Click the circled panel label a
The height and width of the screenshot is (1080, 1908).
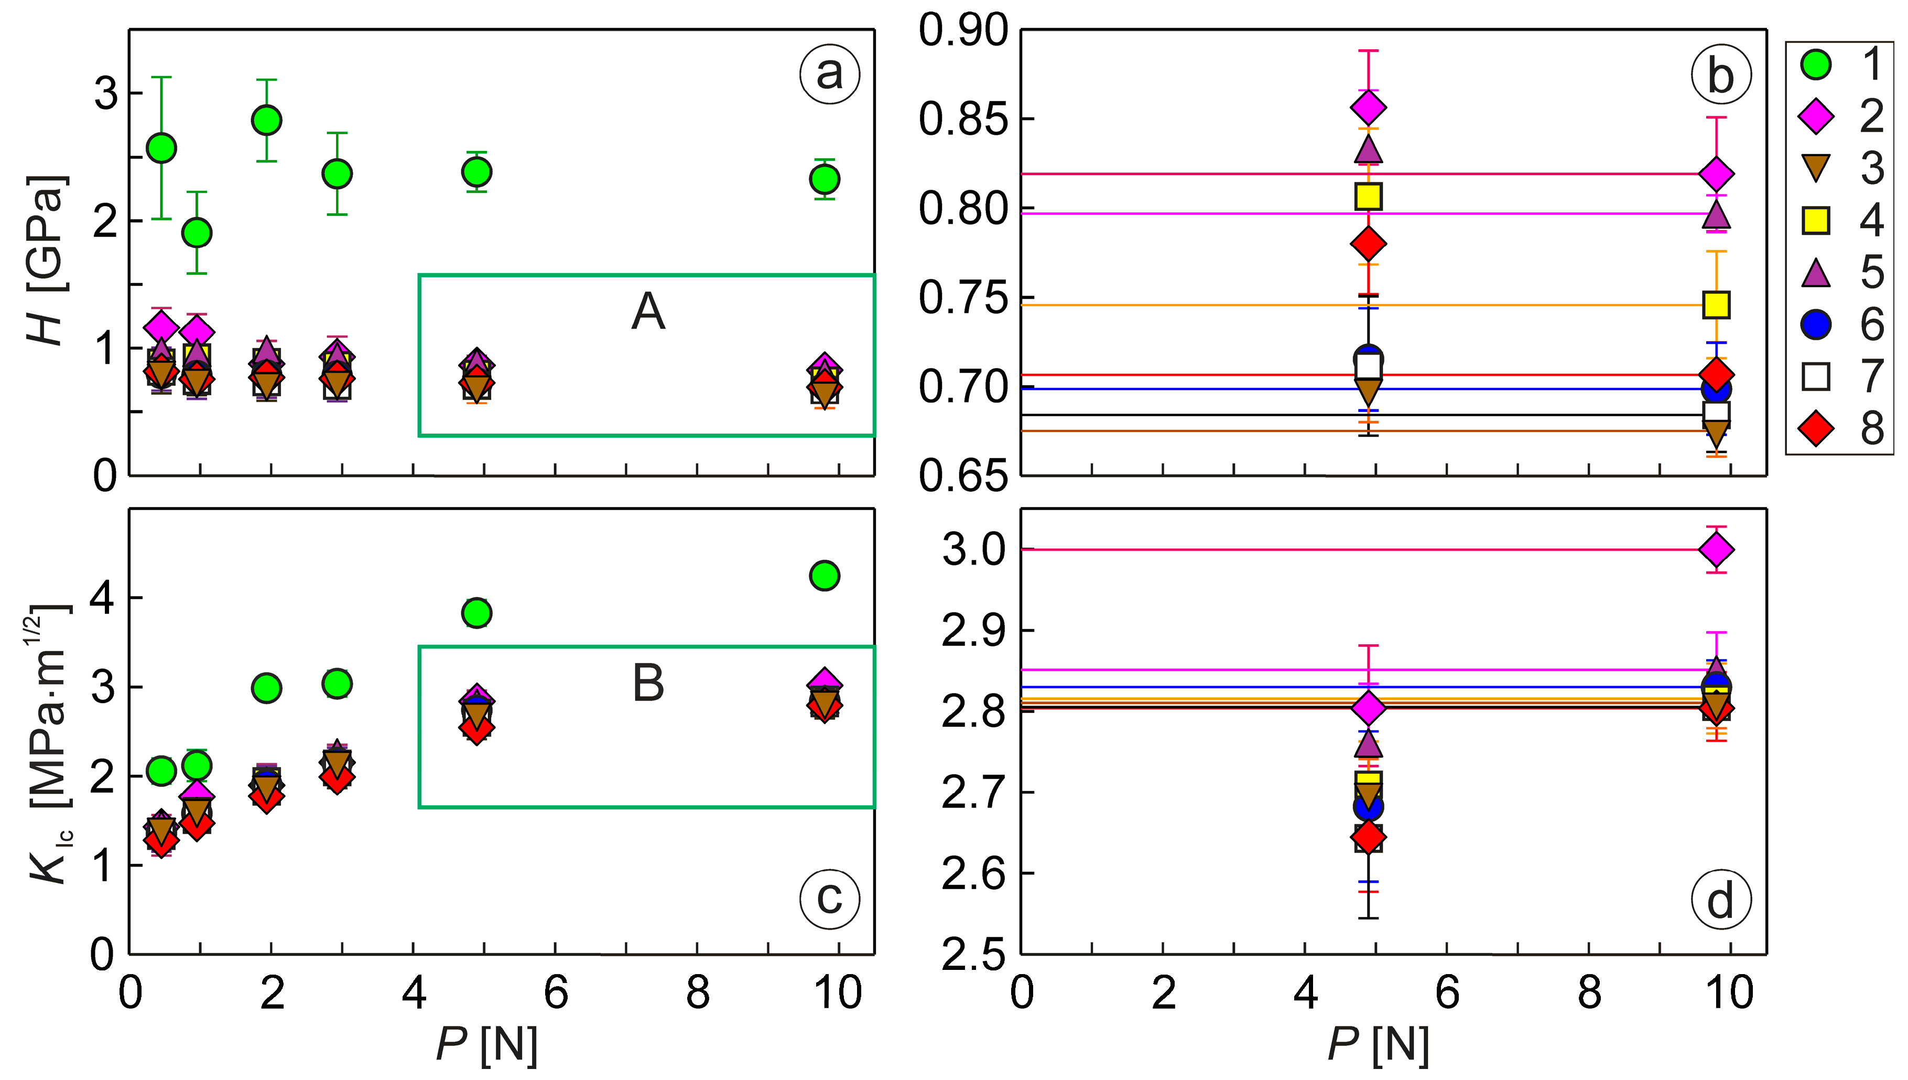(829, 73)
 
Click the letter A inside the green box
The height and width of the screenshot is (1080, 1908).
(648, 311)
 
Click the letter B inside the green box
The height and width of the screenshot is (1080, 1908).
(648, 683)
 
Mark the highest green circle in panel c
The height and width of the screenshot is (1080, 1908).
(825, 575)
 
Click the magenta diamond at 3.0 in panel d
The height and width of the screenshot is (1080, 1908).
(1716, 549)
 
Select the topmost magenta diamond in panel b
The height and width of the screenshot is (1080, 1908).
(1368, 107)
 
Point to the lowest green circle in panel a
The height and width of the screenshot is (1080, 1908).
(197, 233)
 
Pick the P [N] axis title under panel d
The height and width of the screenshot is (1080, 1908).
(1378, 1044)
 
